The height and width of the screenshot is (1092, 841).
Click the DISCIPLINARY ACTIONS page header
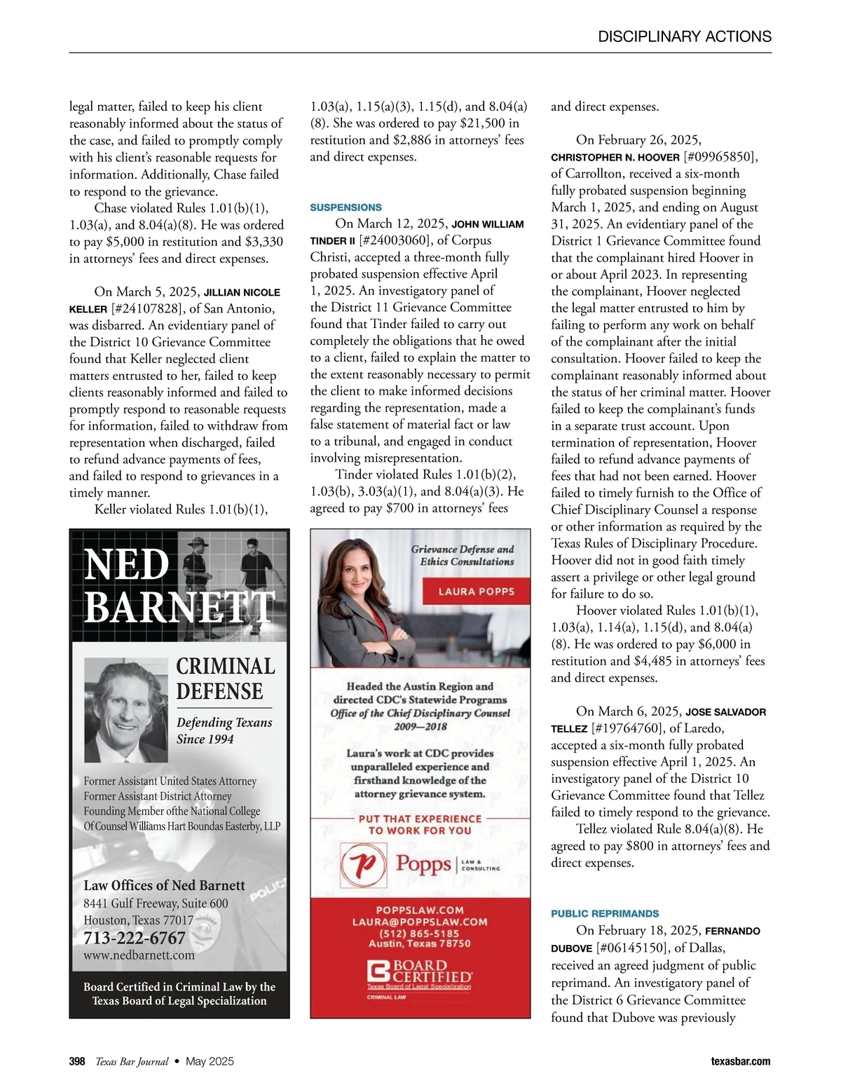685,36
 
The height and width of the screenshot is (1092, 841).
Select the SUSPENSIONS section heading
346,207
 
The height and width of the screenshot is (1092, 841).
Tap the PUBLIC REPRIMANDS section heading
605,914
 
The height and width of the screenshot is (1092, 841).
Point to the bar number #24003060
395,240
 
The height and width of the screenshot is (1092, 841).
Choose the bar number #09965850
720,157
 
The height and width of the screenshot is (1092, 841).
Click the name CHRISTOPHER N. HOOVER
615,158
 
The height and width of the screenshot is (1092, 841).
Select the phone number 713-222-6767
135,938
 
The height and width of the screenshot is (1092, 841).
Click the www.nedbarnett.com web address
139,955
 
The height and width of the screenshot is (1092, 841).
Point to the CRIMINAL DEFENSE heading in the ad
225,678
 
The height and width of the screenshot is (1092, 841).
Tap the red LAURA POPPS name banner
476,592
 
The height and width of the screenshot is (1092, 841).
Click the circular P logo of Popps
363,864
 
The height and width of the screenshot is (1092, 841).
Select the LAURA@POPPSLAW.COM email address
420,922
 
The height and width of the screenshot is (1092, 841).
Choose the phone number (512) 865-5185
419,933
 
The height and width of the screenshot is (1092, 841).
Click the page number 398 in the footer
77,1061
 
